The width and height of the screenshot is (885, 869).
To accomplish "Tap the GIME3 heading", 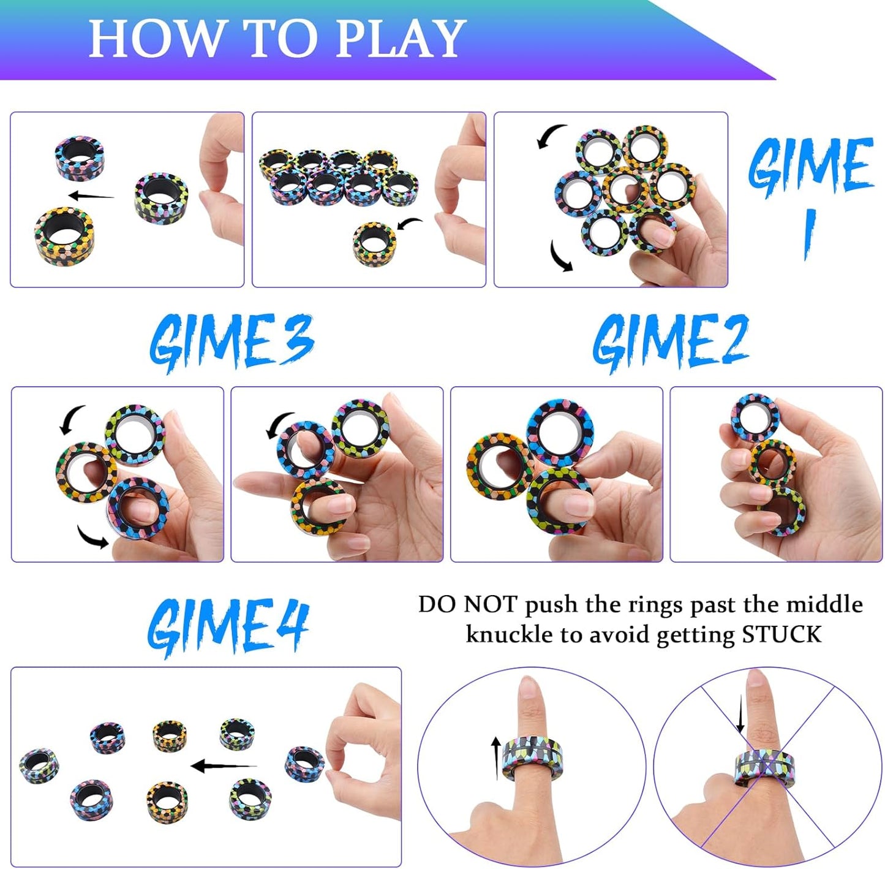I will pos(232,342).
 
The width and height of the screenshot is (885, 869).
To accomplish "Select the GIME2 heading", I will pos(670,342).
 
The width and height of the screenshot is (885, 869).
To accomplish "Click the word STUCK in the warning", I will pos(781,634).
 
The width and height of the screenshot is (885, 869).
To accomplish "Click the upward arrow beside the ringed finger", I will pos(496,758).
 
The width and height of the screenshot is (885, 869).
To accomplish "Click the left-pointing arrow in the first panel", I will pos(91,196).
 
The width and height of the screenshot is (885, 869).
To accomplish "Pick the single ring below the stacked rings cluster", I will pos(374,244).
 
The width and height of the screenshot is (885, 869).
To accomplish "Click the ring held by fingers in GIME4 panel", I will pos(304,764).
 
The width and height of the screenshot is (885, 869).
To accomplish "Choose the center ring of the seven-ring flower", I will pos(625,189).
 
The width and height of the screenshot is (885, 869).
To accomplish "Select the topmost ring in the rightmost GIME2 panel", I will pos(755,418).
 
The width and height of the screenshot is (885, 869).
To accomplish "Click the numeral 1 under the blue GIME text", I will pos(810,233).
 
